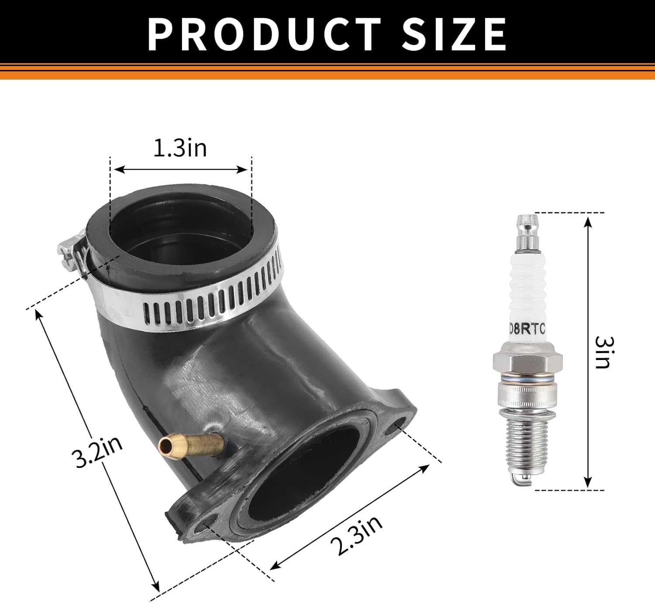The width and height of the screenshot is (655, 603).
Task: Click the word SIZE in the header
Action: (454, 34)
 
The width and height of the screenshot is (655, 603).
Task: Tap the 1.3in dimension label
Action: (180, 148)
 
